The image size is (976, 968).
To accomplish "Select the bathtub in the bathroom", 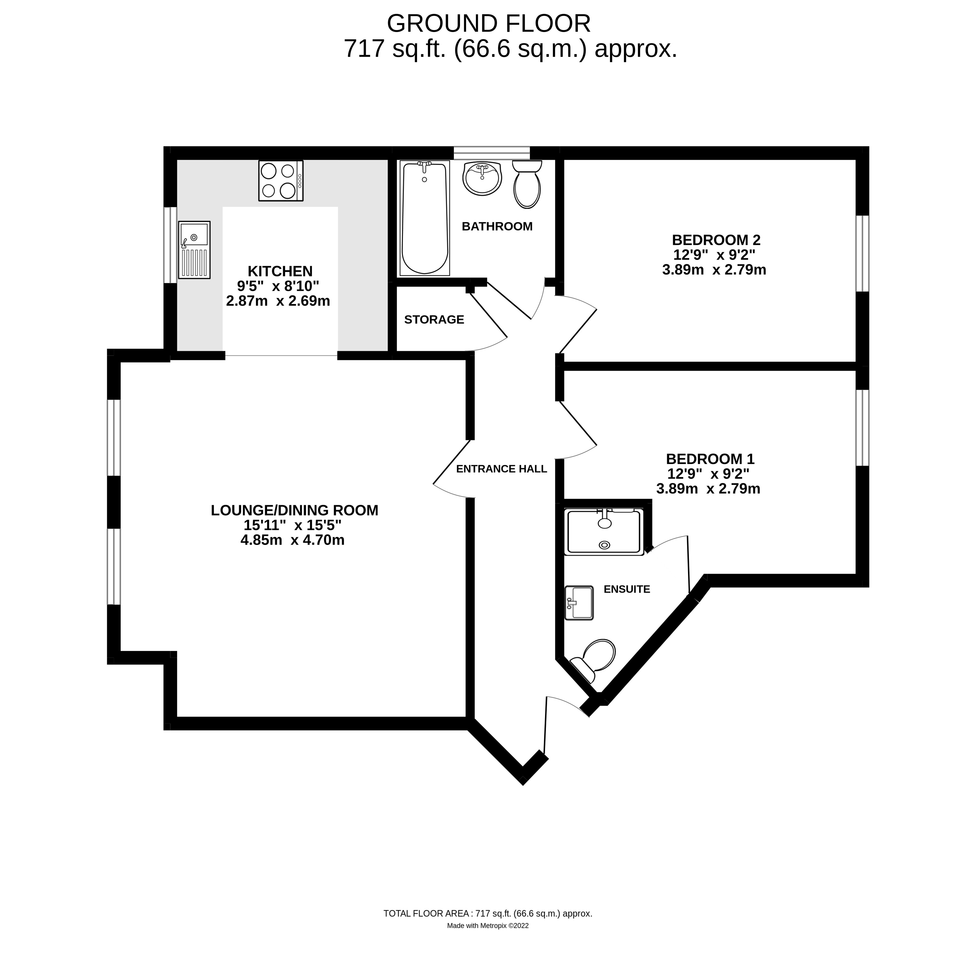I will tap(424, 218).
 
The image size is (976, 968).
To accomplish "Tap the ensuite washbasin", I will tap(579, 603).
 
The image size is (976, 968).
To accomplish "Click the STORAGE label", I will tap(434, 320).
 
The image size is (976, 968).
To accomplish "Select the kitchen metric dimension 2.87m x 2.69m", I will tap(278, 301).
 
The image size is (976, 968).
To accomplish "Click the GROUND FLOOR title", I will tap(488, 24).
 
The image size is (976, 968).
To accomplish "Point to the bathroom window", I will tap(491, 153).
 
